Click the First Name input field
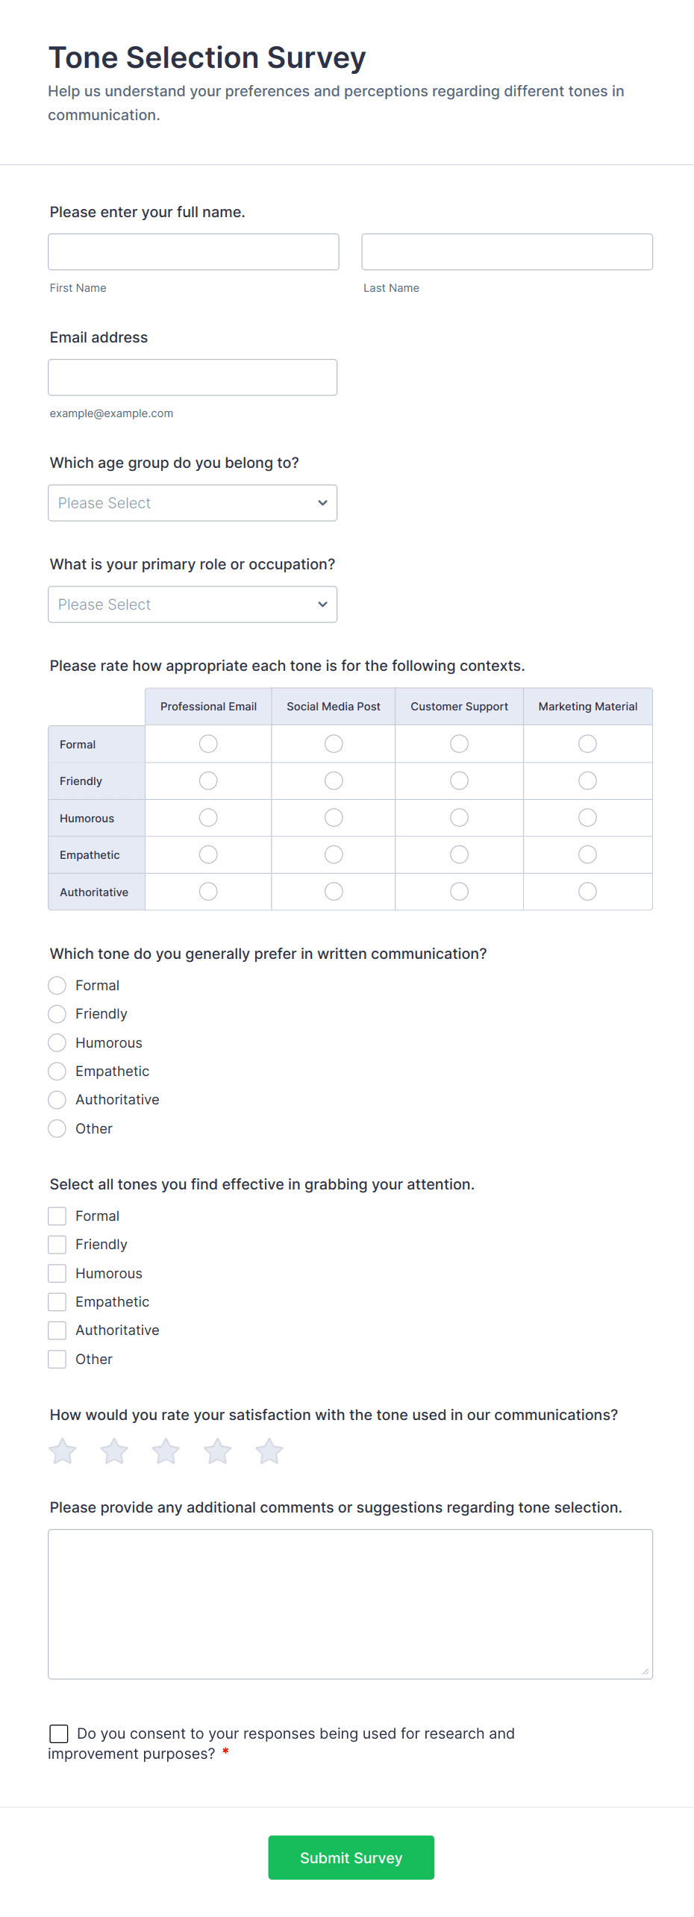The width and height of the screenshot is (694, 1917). pyautogui.click(x=193, y=251)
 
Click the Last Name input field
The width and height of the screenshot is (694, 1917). pyautogui.click(x=507, y=251)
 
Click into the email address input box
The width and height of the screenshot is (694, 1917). pyautogui.click(x=193, y=377)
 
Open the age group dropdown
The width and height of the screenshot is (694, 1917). pyautogui.click(x=193, y=503)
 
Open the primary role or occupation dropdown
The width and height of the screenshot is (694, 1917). pyautogui.click(x=193, y=604)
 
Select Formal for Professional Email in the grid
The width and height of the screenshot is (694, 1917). pyautogui.click(x=208, y=744)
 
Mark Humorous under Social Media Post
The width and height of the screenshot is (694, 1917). pyautogui.click(x=334, y=818)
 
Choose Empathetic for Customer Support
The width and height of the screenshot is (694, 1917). pyautogui.click(x=459, y=854)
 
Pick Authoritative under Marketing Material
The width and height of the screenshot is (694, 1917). pyautogui.click(x=587, y=892)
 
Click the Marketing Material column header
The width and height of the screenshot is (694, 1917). pyautogui.click(x=587, y=707)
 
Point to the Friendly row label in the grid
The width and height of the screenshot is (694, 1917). pyautogui.click(x=81, y=781)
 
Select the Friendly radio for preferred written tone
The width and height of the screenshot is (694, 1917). pyautogui.click(x=57, y=1014)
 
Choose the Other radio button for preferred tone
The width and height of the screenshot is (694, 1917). pyautogui.click(x=57, y=1128)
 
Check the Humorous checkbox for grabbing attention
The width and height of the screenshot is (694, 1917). pyautogui.click(x=57, y=1273)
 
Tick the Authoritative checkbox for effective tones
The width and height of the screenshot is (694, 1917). pyautogui.click(x=57, y=1330)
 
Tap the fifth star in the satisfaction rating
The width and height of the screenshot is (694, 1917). pyautogui.click(x=269, y=1451)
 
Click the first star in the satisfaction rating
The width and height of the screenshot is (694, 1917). pyautogui.click(x=63, y=1451)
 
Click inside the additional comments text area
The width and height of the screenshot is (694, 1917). pyautogui.click(x=350, y=1604)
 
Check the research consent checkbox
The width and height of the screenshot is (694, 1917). pyautogui.click(x=59, y=1733)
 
